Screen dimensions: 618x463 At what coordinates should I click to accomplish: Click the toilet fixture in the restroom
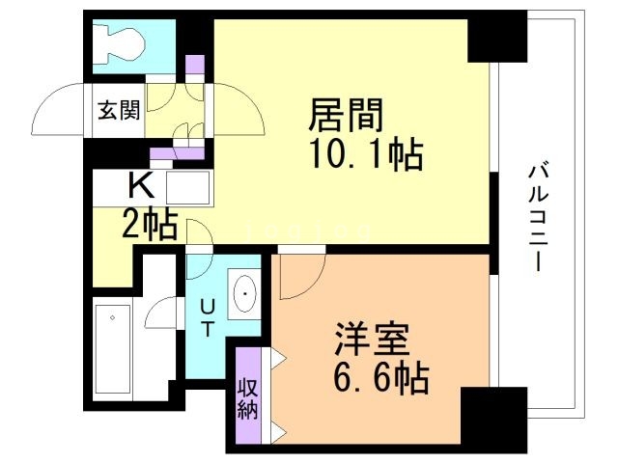click(x=118, y=44)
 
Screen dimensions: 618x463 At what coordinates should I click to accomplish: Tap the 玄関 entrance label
click(x=119, y=110)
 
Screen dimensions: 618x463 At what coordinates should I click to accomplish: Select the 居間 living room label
click(x=346, y=115)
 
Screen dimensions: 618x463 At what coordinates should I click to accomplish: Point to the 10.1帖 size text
click(x=367, y=154)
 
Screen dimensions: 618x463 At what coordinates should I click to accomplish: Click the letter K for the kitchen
click(x=141, y=185)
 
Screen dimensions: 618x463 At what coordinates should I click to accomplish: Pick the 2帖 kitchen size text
click(x=149, y=225)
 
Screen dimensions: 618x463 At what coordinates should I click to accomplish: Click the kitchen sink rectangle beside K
click(x=187, y=187)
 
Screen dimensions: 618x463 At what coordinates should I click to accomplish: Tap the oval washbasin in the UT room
click(x=244, y=293)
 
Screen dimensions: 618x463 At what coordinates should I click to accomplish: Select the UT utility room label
click(x=208, y=317)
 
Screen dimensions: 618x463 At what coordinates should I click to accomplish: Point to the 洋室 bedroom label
click(x=372, y=340)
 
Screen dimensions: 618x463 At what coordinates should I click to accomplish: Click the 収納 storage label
click(x=247, y=400)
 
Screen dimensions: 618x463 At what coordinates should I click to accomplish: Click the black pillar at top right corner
click(x=497, y=37)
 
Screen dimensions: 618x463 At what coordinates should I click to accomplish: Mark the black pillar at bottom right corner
click(x=493, y=420)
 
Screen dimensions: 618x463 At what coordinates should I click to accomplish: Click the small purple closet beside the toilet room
click(x=195, y=65)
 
